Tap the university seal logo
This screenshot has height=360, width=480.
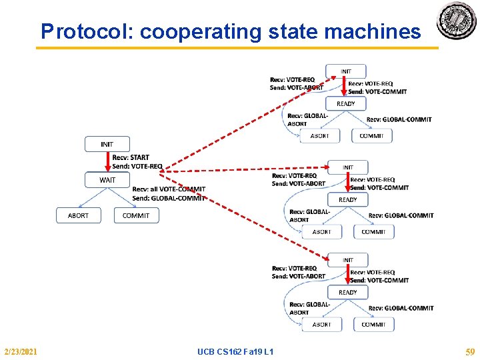point(457,21)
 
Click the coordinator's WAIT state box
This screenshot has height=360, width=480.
point(107,180)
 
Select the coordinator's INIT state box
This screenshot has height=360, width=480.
point(107,144)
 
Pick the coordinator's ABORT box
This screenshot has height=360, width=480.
point(78,215)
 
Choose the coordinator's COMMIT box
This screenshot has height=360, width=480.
point(136,215)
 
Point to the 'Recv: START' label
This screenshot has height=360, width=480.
point(131,158)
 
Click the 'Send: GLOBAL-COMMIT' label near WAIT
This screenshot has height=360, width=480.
point(169,198)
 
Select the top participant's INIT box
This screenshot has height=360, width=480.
point(346,71)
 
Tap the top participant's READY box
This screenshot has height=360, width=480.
point(346,103)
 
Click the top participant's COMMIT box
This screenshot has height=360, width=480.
point(371,135)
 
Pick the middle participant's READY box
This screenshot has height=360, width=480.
point(348,199)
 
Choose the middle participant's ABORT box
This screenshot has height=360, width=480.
point(321,231)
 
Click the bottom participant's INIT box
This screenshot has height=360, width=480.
point(348,260)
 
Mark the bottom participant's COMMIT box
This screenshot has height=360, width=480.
point(373,324)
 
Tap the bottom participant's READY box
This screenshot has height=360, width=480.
point(348,292)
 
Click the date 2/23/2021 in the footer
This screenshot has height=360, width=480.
point(21,351)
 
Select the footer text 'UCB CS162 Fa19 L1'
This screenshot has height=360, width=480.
point(235,351)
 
